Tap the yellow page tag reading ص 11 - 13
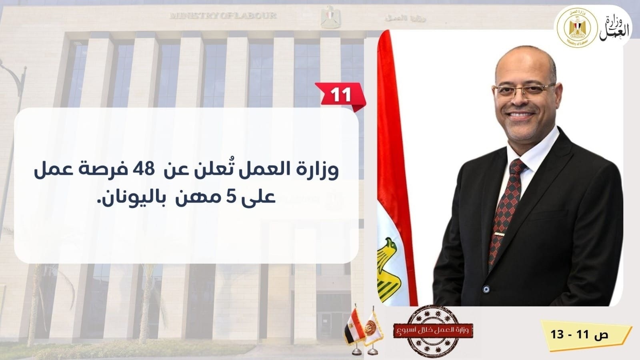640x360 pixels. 586,335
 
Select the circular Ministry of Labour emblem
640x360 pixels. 577,28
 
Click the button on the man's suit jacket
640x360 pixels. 486,289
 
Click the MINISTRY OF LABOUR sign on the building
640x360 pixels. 223,15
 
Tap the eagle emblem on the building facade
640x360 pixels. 330,17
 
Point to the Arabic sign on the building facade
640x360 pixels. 405,18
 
